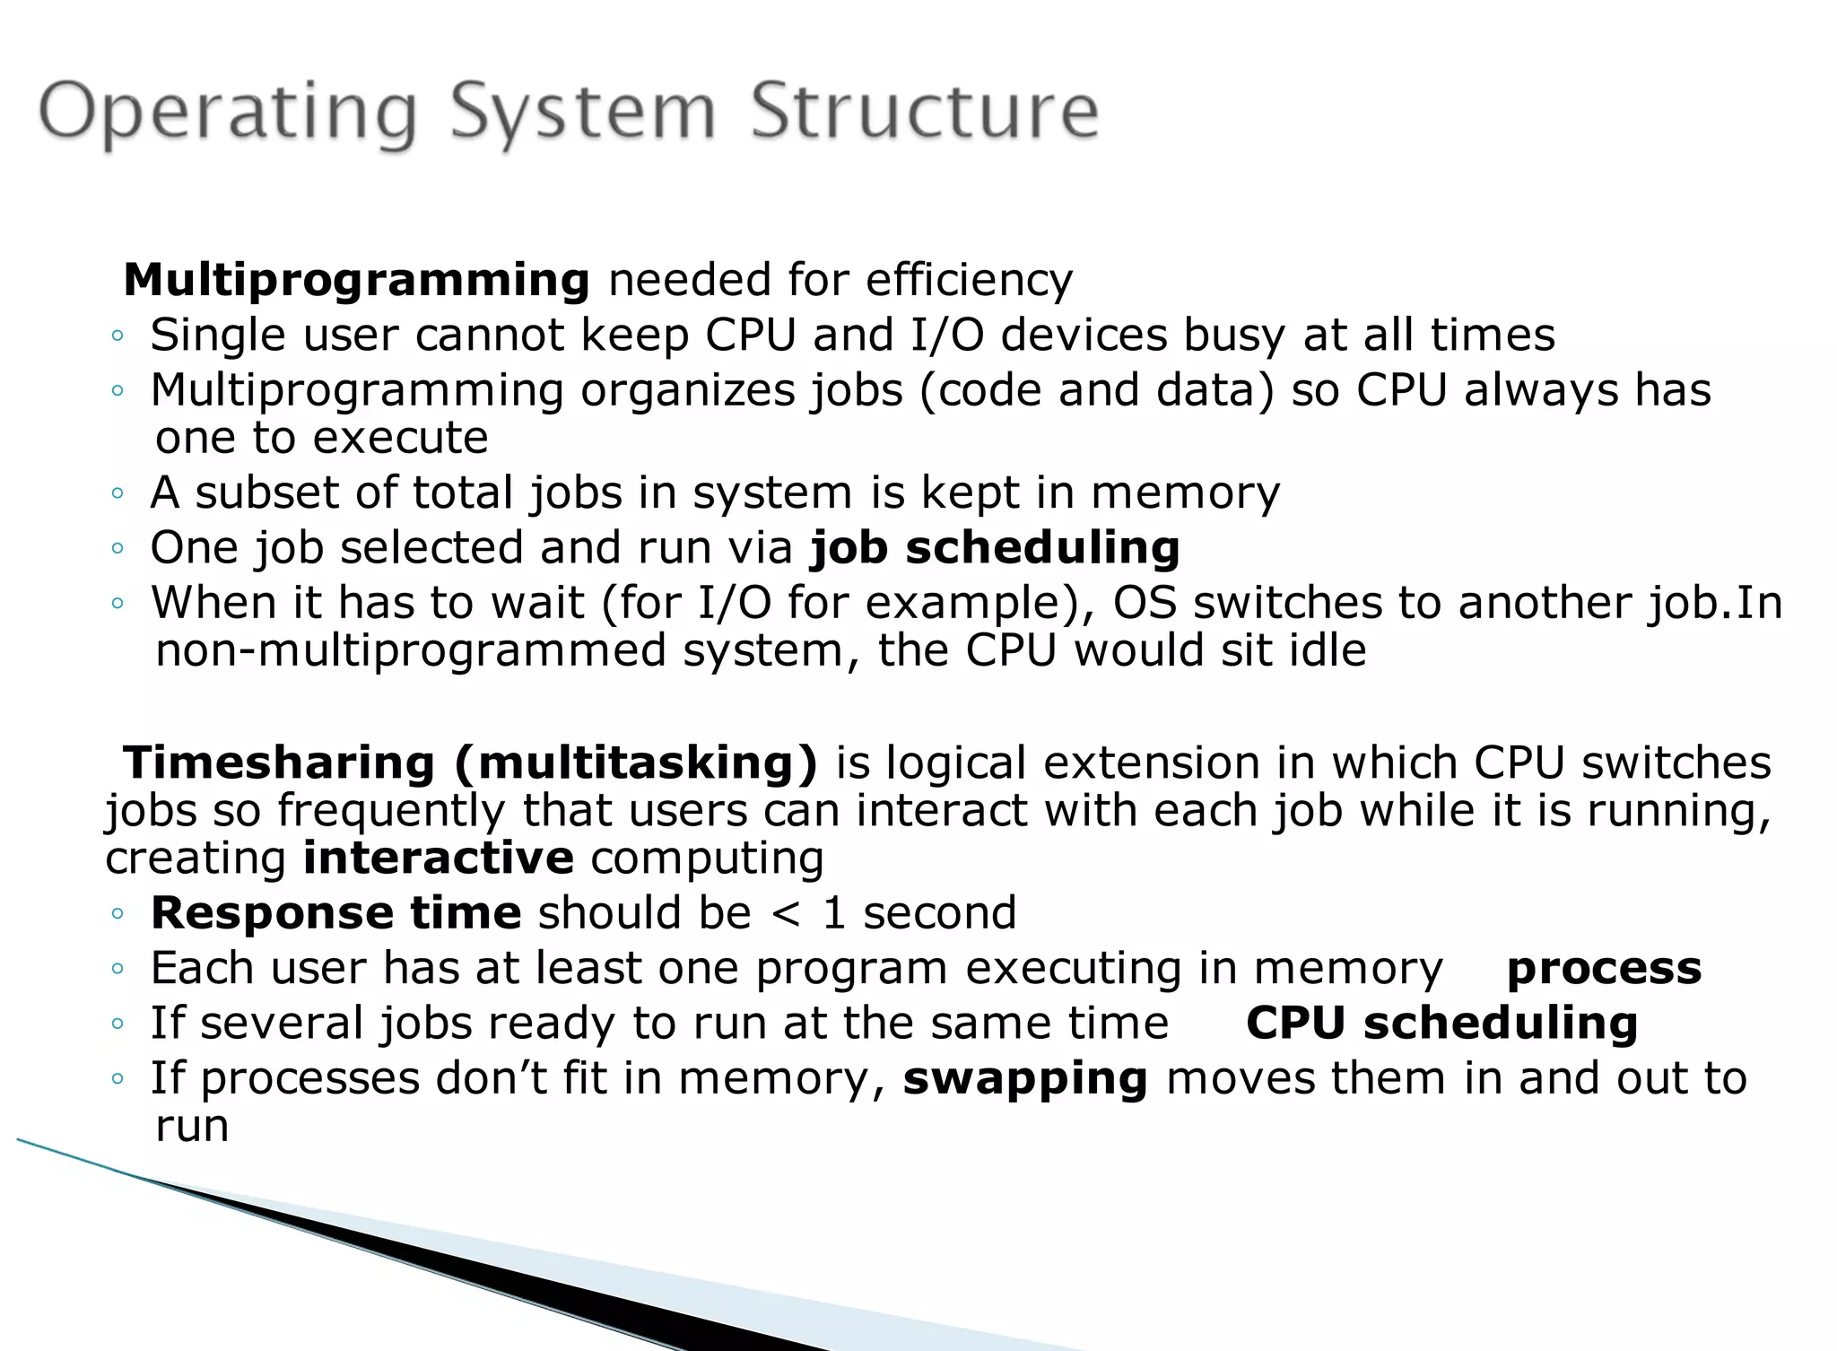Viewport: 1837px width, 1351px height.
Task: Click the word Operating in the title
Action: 229,112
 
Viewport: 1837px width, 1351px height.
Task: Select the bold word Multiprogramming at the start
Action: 356,280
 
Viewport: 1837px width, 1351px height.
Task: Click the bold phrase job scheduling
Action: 995,547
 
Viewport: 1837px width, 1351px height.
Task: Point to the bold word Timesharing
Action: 279,763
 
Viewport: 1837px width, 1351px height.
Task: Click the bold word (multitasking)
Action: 636,763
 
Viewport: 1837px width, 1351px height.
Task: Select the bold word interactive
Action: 439,858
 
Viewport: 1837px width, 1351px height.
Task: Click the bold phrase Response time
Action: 335,913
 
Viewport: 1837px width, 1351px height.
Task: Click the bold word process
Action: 1604,969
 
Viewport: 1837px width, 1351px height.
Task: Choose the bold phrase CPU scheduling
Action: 1441,1024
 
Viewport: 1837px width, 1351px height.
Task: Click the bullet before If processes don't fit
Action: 117,1080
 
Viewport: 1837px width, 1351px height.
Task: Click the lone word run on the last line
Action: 192,1127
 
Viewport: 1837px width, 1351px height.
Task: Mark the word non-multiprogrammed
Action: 410,651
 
